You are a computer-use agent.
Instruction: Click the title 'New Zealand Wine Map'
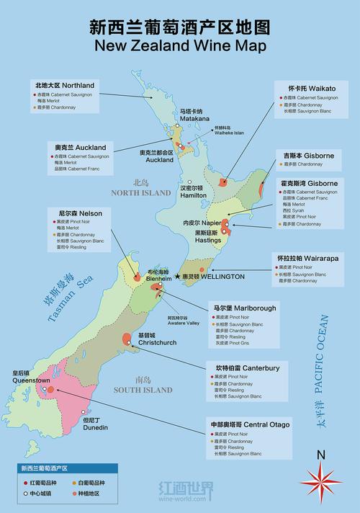click(180, 46)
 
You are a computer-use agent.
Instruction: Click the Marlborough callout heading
click(243, 308)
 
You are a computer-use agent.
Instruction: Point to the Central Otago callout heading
click(251, 425)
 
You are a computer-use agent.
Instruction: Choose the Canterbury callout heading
click(245, 367)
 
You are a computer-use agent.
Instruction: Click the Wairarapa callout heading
click(309, 257)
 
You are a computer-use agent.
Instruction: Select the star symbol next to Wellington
click(177, 276)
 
